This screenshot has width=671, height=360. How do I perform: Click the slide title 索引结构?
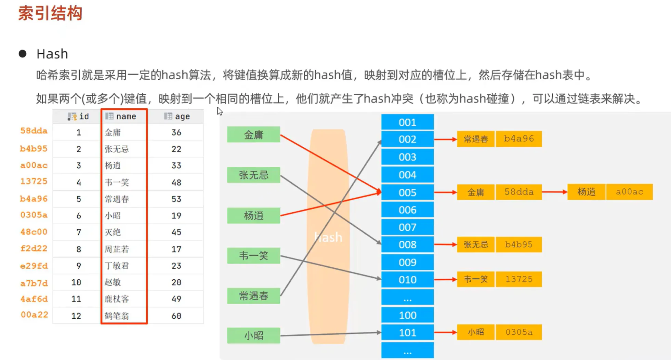click(50, 14)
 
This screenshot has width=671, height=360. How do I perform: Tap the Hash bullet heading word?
click(52, 54)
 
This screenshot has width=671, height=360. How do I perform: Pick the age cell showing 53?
click(176, 199)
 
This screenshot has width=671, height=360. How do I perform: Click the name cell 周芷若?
click(117, 249)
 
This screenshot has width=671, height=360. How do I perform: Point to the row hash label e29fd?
click(34, 266)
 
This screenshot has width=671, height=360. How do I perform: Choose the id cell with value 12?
click(76, 316)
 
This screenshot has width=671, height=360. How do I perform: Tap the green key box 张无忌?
click(253, 175)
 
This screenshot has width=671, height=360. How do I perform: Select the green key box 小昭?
click(253, 335)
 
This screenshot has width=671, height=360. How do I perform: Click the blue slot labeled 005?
click(407, 192)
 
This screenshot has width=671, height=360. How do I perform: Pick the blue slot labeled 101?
click(407, 333)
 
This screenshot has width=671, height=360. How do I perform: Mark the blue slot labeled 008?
click(407, 245)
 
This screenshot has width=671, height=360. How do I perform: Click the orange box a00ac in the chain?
click(629, 192)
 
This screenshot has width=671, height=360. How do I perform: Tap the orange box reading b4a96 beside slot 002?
click(518, 139)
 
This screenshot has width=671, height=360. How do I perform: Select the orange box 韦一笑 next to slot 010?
click(475, 279)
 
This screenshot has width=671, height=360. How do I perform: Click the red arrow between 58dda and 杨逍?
click(554, 192)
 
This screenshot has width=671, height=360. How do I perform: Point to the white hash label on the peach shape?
click(328, 237)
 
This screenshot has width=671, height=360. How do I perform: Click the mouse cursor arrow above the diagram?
click(220, 111)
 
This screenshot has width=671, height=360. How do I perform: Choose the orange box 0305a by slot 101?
click(518, 332)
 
